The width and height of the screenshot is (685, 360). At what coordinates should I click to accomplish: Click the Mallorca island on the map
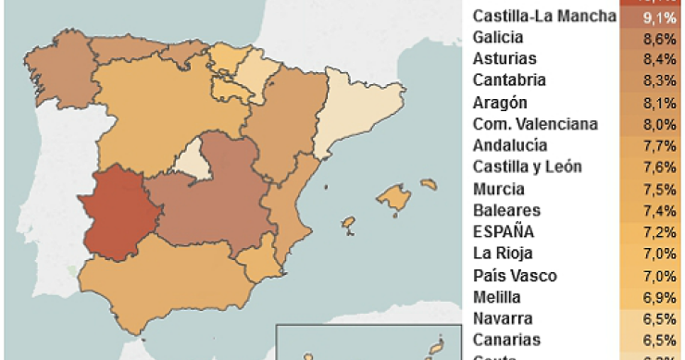(393, 197)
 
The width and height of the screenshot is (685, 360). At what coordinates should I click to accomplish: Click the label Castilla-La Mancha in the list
(542, 16)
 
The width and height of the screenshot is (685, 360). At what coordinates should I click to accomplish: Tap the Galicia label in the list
(498, 38)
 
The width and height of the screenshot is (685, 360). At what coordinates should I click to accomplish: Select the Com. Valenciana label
(535, 124)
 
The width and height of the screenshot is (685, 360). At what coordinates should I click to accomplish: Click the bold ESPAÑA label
(503, 231)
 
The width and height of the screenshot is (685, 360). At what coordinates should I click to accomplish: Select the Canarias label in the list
(504, 340)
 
